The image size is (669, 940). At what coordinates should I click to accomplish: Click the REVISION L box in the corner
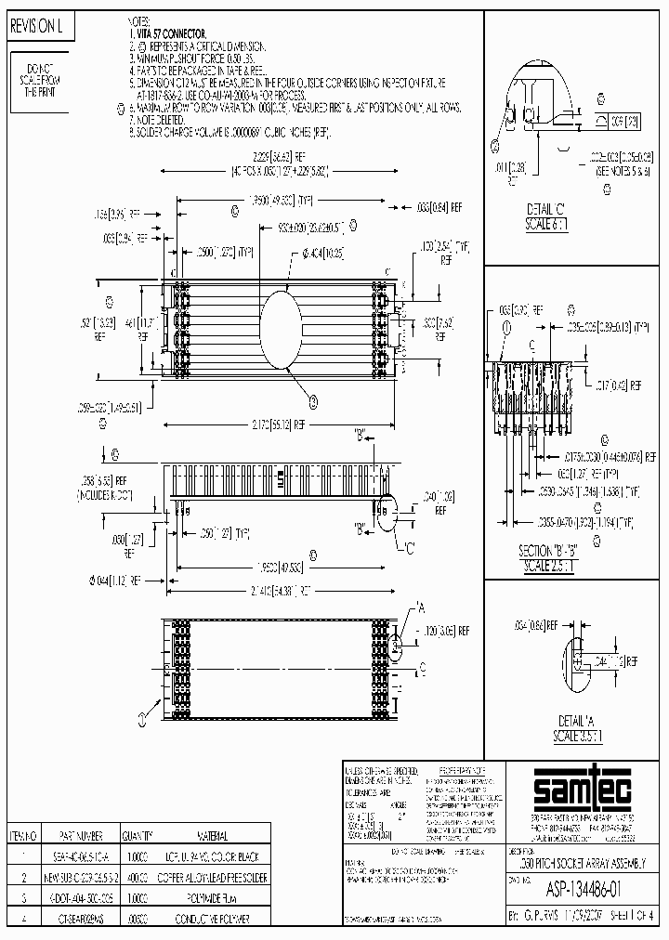36,28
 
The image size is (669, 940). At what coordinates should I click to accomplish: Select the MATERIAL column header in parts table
214,835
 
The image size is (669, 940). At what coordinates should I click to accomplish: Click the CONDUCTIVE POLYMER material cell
216,918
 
